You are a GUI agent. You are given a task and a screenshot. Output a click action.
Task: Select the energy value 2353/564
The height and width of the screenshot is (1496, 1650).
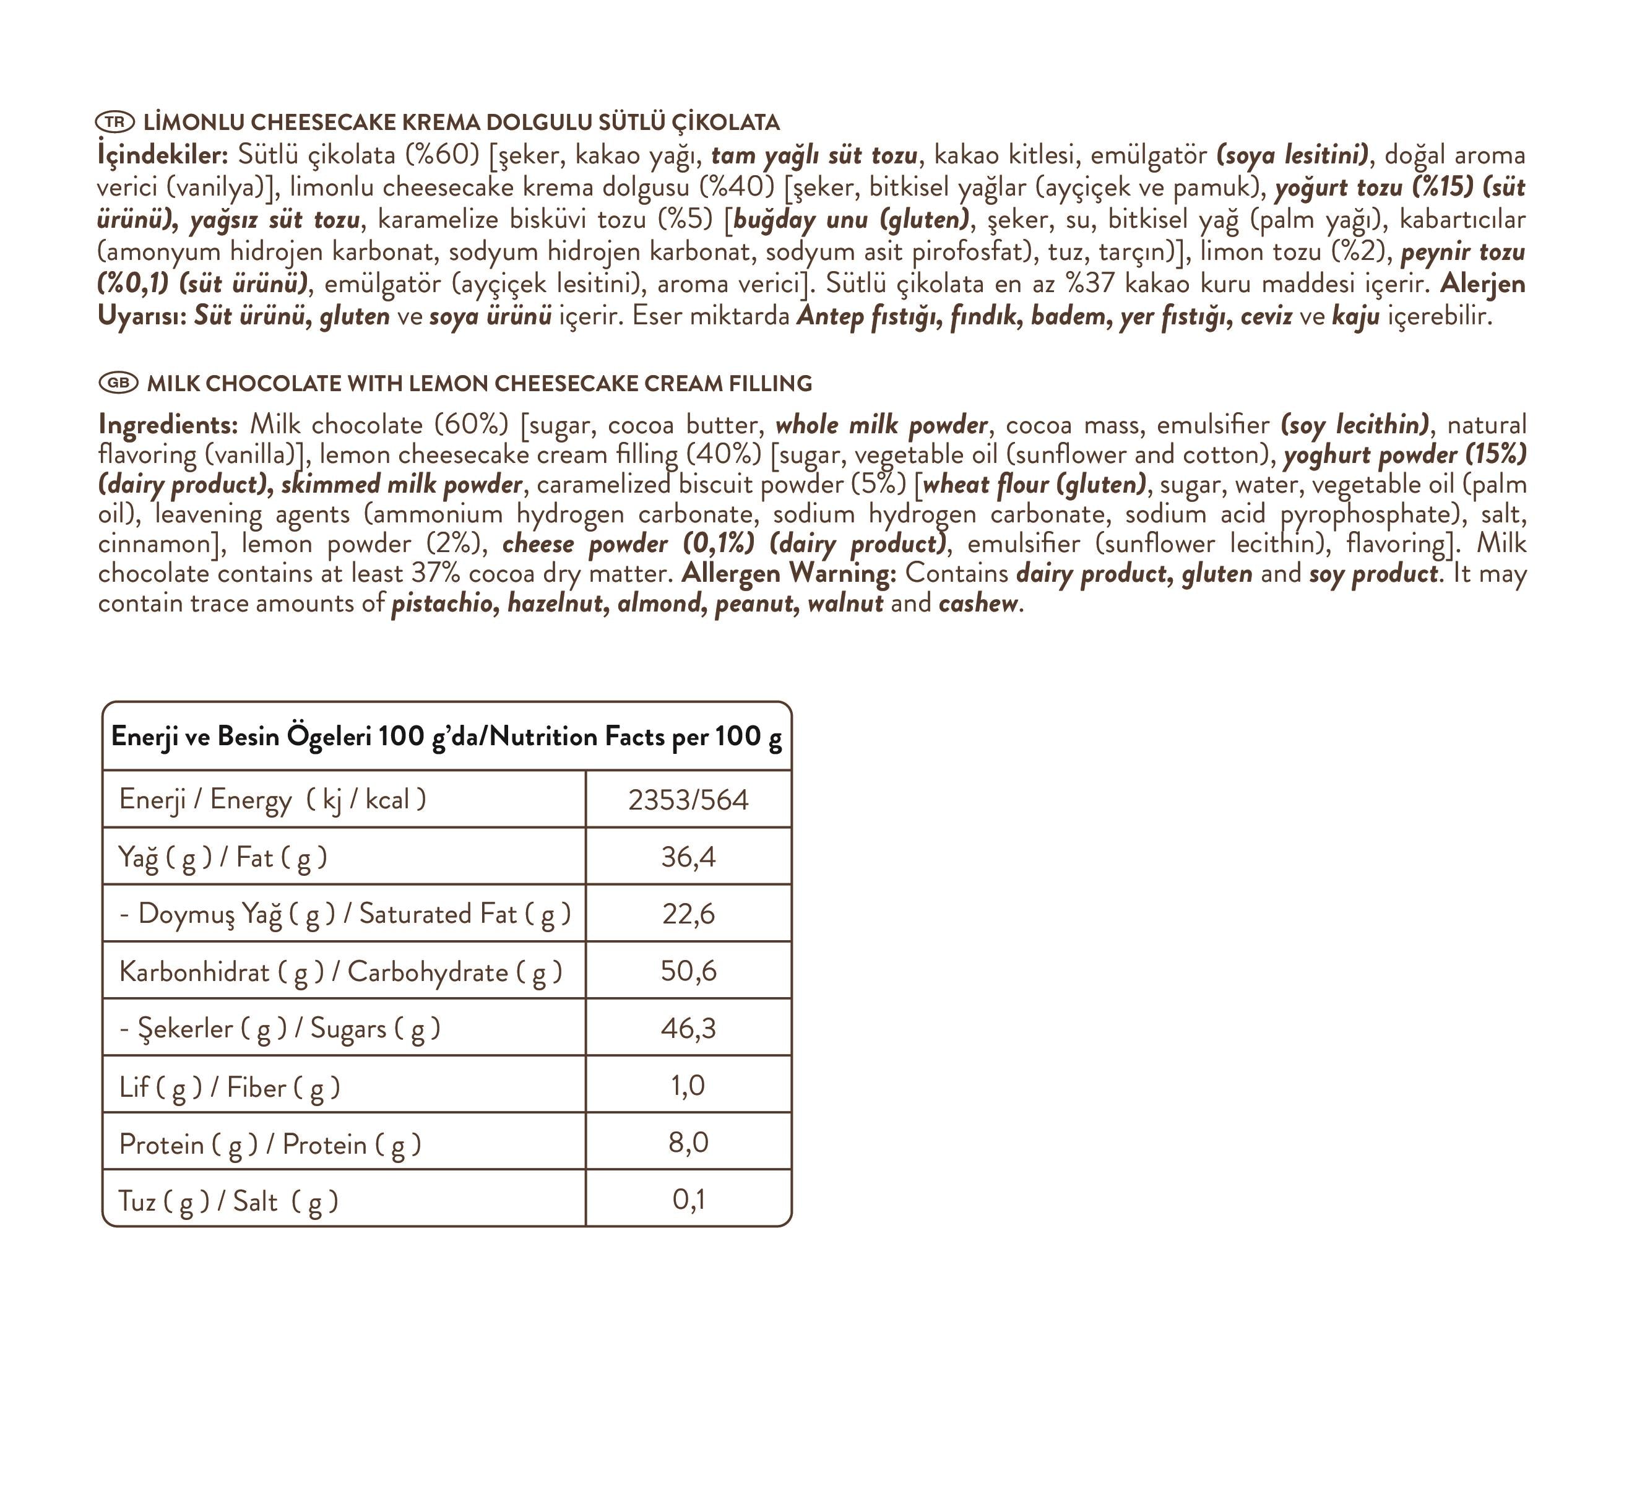[688, 800]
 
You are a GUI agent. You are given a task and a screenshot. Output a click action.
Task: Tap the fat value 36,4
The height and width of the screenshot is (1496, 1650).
[688, 857]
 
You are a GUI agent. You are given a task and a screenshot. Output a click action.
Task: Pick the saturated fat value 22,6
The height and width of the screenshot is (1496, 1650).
[688, 914]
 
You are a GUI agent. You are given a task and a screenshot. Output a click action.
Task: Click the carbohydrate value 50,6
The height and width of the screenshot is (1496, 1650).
[688, 971]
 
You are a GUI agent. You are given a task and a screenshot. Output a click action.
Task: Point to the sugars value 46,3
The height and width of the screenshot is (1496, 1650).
[688, 1028]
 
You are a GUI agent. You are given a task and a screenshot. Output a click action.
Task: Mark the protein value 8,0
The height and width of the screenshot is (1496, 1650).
[688, 1143]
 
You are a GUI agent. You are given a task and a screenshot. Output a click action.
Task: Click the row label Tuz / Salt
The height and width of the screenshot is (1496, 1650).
[228, 1201]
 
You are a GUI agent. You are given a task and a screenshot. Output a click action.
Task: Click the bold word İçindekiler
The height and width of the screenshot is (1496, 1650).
[162, 155]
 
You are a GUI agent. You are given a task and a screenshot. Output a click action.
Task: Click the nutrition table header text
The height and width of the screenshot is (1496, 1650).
[446, 737]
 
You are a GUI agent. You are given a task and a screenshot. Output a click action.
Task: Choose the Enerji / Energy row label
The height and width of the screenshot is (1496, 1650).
[272, 800]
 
